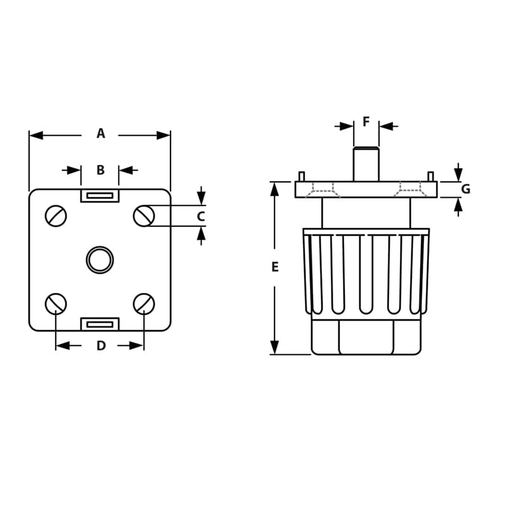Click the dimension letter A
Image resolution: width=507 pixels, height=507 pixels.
[x=100, y=134]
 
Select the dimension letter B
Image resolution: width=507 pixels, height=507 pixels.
[x=100, y=170]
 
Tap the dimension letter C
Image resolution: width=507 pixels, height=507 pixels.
[x=201, y=216]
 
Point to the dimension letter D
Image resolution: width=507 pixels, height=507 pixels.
[x=101, y=346]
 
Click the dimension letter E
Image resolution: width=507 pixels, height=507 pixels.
[x=274, y=267]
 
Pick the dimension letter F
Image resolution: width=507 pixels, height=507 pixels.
[x=366, y=122]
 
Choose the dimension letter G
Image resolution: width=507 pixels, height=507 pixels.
[x=465, y=189]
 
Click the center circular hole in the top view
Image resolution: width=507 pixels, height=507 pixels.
[x=99, y=260]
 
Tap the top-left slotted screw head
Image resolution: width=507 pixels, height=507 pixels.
[x=56, y=216]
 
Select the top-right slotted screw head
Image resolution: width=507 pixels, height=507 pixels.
[x=144, y=216]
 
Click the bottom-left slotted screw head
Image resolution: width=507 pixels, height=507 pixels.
[x=56, y=304]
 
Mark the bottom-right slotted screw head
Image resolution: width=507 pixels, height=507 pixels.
[x=144, y=304]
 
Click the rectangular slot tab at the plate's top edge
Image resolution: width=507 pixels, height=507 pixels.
[x=99, y=195]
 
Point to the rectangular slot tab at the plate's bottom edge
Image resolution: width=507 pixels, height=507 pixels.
[x=99, y=324]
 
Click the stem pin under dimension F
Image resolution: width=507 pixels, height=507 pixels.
[x=366, y=164]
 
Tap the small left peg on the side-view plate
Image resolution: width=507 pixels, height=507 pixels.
[x=302, y=176]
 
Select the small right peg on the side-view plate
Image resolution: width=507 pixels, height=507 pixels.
[x=430, y=176]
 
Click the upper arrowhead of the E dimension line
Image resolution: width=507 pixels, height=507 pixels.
[x=274, y=188]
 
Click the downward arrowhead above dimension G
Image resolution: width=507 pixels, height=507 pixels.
[x=458, y=174]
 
